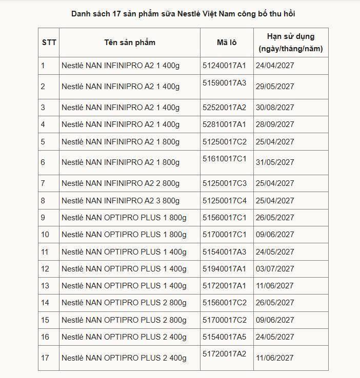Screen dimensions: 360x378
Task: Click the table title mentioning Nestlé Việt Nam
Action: (179, 13)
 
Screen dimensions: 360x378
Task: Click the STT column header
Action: (49, 43)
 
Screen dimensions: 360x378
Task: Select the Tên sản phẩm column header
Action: (130, 43)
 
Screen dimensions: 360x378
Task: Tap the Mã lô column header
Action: (226, 43)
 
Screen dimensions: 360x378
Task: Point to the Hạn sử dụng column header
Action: (291, 43)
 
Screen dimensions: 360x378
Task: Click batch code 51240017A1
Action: (225, 66)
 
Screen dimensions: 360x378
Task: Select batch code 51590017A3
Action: (225, 83)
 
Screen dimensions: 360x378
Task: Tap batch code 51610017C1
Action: (225, 159)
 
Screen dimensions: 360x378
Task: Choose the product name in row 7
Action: (121, 183)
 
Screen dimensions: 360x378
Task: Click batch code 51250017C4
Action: (225, 201)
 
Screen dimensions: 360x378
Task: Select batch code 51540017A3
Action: (225, 252)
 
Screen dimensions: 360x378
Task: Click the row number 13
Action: (45, 286)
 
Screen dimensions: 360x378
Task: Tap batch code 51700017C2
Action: (225, 320)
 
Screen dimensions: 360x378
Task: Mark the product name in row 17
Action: (124, 358)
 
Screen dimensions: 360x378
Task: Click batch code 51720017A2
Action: (225, 354)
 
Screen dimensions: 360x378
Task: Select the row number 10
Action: (45, 235)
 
